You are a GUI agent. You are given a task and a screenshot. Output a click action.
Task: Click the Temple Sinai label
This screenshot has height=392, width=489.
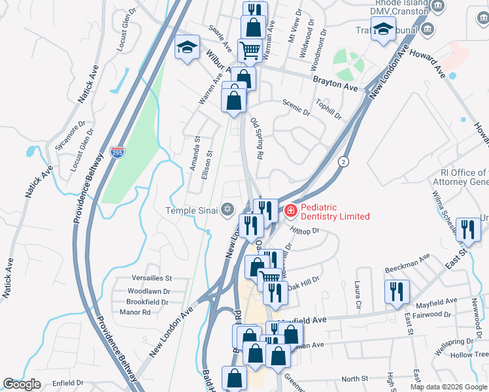[189, 210]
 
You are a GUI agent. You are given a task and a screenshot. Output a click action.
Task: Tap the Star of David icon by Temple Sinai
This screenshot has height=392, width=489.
[228, 210]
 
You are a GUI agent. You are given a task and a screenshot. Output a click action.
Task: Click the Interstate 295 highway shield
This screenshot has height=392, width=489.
[117, 153]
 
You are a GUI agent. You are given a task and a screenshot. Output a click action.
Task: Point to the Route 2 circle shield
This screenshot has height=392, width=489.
[343, 161]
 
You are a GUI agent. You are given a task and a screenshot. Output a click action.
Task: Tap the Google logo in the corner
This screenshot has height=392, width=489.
[22, 384]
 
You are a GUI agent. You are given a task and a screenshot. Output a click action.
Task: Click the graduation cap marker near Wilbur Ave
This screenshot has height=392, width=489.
[187, 48]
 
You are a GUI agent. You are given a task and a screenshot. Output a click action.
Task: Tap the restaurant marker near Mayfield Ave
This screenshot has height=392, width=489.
[397, 291]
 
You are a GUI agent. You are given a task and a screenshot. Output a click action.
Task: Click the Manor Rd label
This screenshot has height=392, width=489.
[137, 312]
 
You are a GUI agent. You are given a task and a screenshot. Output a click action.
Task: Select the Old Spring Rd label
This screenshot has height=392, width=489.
[256, 139]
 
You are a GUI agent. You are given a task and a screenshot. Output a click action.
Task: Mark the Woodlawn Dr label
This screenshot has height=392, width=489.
[148, 291]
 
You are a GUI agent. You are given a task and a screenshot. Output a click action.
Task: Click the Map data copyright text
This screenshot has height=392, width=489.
[448, 387]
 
